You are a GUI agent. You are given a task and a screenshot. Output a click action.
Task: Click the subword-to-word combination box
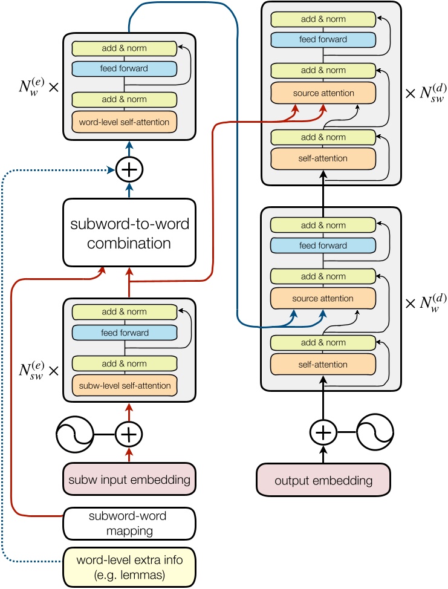[129, 233]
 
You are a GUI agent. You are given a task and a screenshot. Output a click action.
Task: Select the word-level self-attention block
[124, 122]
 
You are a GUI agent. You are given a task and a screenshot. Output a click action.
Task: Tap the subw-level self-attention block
[124, 385]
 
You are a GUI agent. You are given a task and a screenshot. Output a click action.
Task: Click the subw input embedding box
[129, 480]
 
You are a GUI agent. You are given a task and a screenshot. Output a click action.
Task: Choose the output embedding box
[323, 481]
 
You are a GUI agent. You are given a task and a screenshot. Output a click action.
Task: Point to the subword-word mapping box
[129, 523]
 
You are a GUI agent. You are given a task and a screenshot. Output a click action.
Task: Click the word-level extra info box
[129, 565]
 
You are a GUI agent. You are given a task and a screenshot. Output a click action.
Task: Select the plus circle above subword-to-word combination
[129, 171]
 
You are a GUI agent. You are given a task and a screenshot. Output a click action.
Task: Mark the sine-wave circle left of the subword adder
[74, 433]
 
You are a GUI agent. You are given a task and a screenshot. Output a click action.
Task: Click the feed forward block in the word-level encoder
[124, 68]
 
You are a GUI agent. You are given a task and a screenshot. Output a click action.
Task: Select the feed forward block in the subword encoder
[124, 333]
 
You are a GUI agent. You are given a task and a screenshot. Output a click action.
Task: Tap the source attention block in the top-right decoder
[323, 93]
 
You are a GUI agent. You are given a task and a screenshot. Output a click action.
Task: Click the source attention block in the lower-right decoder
[323, 299]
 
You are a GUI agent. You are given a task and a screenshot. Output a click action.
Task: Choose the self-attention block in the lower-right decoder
[323, 365]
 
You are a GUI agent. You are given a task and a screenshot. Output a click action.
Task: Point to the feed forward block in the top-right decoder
[323, 39]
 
